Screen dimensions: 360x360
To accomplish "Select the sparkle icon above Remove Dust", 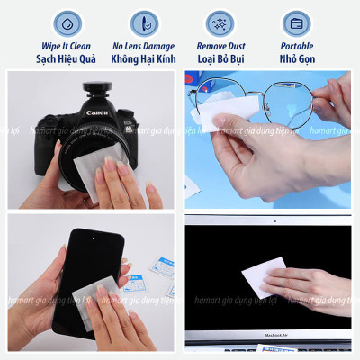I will pos(219,22).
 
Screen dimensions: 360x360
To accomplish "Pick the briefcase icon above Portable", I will pos(296,22).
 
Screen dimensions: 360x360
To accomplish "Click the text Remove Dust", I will pos(219,44).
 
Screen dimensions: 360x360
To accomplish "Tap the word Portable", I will pos(297,44).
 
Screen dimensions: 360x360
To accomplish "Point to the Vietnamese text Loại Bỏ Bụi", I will pos(219,58).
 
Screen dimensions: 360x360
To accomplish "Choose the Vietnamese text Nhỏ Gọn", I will pos(297,58).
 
